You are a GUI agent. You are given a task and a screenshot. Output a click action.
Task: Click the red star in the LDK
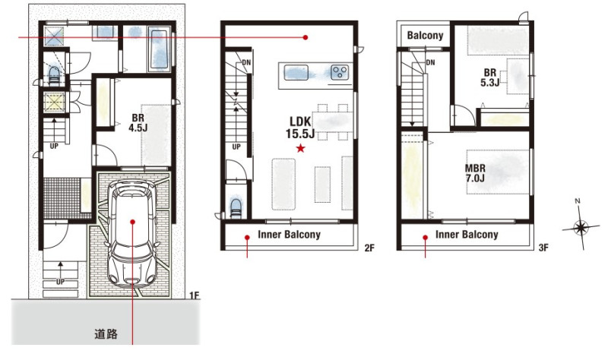[x=300, y=148]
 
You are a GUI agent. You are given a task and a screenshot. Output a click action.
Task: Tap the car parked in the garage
[x=133, y=233]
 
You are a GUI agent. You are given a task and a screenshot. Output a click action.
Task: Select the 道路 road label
[x=106, y=334]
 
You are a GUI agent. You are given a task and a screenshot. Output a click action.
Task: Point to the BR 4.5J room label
[x=138, y=123]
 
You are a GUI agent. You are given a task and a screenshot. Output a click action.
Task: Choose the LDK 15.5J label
[x=300, y=128]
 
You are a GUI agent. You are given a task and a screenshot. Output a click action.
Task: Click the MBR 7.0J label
[x=475, y=173]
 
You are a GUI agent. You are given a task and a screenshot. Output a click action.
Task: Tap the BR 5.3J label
[x=489, y=77]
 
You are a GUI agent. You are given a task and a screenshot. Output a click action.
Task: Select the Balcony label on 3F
[x=425, y=35]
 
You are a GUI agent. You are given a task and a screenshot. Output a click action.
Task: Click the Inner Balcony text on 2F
[x=290, y=235]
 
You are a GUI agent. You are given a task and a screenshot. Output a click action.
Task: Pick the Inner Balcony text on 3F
[x=467, y=235]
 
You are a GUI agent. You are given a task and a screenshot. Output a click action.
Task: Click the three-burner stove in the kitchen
[x=340, y=72]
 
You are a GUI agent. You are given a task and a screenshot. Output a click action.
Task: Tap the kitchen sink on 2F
[x=296, y=72]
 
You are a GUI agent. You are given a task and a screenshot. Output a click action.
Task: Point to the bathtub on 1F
[x=160, y=49]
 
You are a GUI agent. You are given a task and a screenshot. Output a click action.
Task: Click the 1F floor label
[x=195, y=295]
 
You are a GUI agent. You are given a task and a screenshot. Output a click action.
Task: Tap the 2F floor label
[x=369, y=248]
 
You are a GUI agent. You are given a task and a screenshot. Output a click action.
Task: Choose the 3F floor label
[x=543, y=248]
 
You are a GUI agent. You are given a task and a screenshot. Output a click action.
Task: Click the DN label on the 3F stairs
[x=430, y=62]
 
